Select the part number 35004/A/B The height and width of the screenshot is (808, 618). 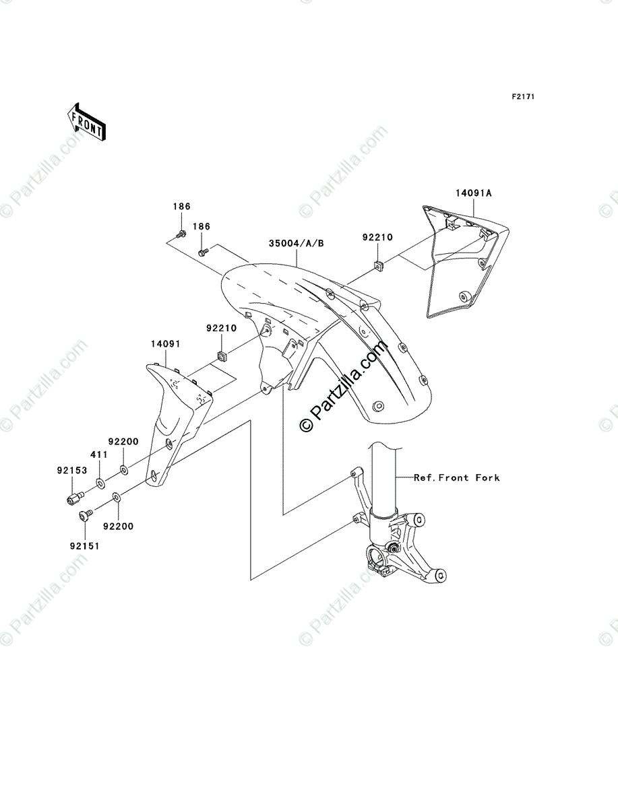coord(297,243)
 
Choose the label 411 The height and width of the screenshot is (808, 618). coord(99,455)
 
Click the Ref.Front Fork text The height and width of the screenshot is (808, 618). coord(456,477)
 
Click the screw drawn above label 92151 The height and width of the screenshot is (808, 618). coord(85,516)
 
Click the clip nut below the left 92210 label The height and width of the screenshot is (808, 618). coord(221,354)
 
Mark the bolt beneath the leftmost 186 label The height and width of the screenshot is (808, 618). coord(181,234)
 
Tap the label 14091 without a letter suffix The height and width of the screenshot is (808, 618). coord(164,343)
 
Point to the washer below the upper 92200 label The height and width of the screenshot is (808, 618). coord(125,469)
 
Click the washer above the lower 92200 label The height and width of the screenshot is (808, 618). coord(117,498)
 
